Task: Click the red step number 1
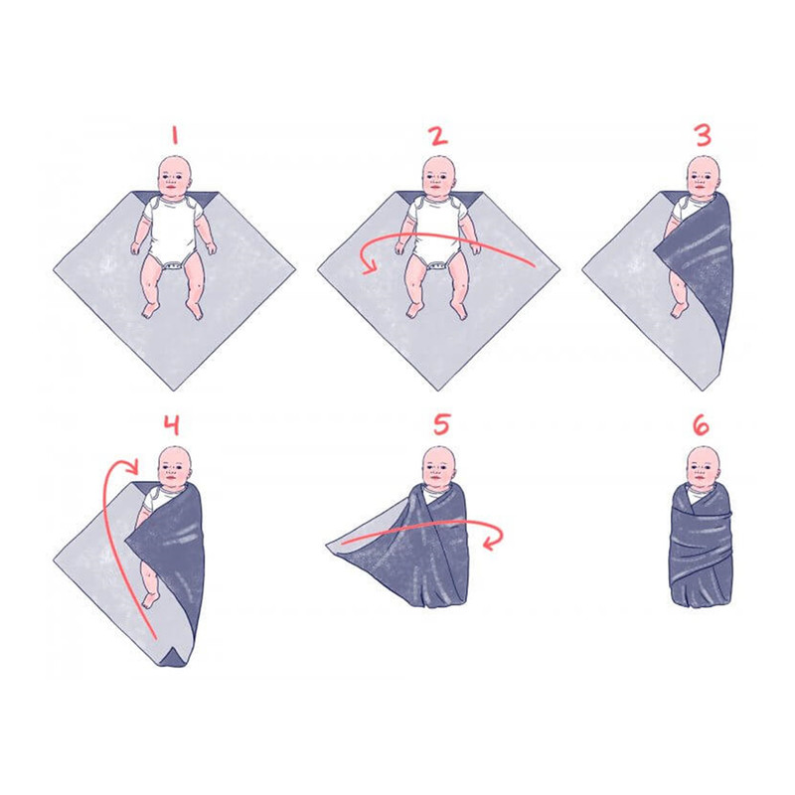coord(174,136)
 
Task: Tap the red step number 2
coord(438,136)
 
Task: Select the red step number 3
coord(704,136)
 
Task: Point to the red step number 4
coord(172,425)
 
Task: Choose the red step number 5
coord(441,425)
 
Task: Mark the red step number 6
coord(701,425)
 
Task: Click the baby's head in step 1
coord(175,176)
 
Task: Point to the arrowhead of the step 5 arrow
coord(491,544)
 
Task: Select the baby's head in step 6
coord(703,467)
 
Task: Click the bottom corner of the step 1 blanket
coord(174,390)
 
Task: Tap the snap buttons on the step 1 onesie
coord(174,264)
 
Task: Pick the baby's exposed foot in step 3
coord(678,309)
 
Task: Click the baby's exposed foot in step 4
coord(148,600)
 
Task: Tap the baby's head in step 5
coord(439,467)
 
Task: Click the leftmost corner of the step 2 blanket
coord(318,270)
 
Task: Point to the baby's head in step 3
coord(704,176)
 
